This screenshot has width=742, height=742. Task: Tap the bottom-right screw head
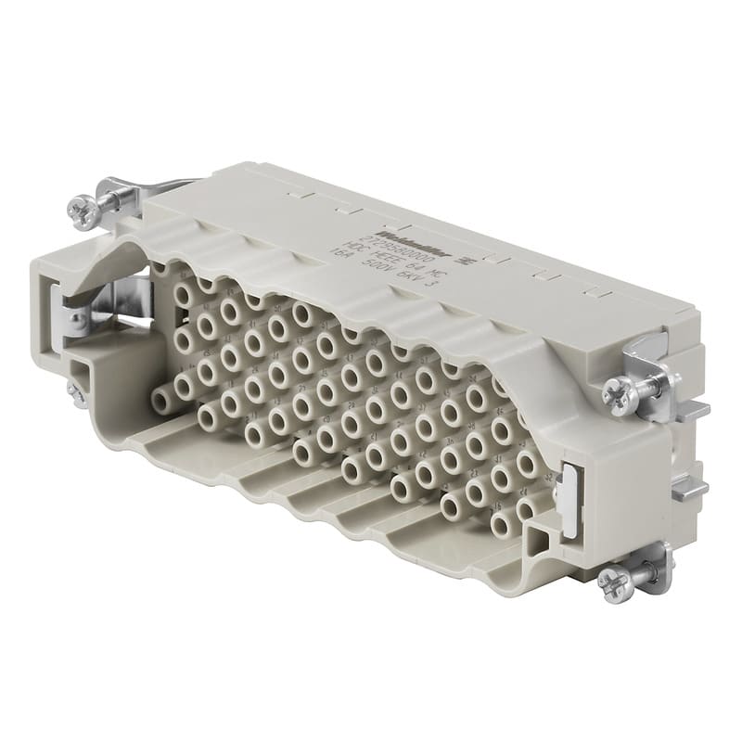point(613,582)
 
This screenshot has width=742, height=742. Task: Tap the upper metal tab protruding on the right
point(691,408)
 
